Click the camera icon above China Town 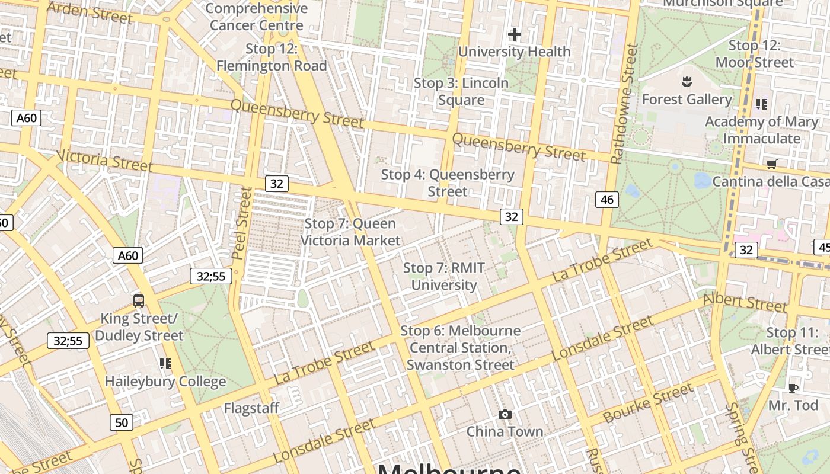coord(505,414)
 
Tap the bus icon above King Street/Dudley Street coord(139,301)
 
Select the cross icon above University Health coord(515,34)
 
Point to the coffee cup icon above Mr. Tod coord(793,388)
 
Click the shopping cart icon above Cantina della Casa coord(771,164)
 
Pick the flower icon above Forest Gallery coord(687,81)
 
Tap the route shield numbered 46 coord(606,200)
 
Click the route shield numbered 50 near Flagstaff coord(121,422)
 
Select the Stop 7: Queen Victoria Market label coord(350,232)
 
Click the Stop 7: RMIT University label coord(444,276)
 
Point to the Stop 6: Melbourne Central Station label coord(461,347)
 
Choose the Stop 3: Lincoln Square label coord(461,91)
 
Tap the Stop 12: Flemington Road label coord(272,57)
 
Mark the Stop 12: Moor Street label coord(754,53)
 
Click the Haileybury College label coord(165,382)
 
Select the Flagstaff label coord(251,408)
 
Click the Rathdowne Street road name coord(624,104)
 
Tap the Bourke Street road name coord(647,403)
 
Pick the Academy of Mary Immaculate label coord(761,130)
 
